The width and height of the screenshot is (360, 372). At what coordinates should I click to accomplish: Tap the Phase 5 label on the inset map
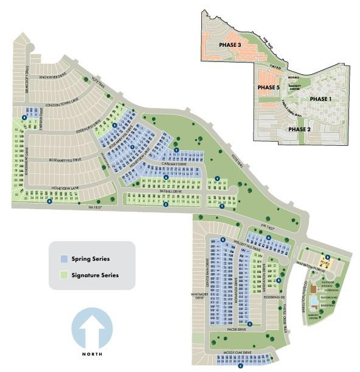click(x=268, y=88)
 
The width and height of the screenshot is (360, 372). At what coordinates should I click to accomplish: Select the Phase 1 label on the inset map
click(x=322, y=98)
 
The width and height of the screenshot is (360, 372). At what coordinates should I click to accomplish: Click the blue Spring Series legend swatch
click(x=64, y=259)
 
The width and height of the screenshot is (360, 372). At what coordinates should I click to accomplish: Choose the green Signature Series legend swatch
click(x=64, y=275)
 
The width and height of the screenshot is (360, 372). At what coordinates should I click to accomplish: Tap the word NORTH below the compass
click(x=92, y=354)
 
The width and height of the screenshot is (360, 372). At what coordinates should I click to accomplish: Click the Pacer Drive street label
click(x=237, y=329)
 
